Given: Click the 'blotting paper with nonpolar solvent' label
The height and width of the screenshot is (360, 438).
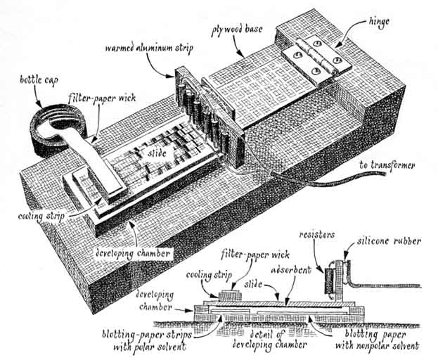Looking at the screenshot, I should [x=373, y=340].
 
